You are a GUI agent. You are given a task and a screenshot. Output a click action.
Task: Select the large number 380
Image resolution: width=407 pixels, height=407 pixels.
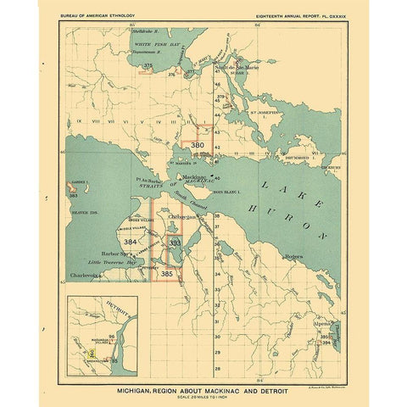pyautogui.click(x=198, y=146)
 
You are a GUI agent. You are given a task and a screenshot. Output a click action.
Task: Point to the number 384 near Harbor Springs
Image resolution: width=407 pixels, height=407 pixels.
pyautogui.click(x=131, y=242)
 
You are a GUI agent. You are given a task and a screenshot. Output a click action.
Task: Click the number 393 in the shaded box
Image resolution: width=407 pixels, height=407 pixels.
pyautogui.click(x=175, y=243)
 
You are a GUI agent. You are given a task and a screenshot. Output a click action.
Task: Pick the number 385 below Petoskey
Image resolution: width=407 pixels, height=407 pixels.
pyautogui.click(x=167, y=273)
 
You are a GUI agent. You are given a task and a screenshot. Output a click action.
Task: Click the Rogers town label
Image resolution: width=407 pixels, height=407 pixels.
pyautogui.click(x=294, y=254)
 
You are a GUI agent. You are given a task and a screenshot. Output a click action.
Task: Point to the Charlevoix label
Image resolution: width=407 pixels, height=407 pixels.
pyautogui.click(x=92, y=275)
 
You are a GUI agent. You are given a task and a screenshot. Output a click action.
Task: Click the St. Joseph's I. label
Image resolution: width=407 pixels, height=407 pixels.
pyautogui.click(x=262, y=110)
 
